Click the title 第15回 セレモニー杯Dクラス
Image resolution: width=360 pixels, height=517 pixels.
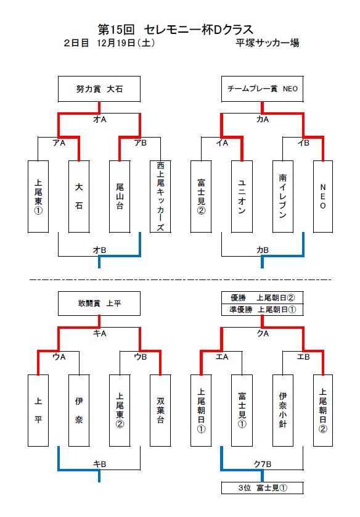click(176, 29)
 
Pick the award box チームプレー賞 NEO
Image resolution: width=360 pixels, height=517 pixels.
click(263, 89)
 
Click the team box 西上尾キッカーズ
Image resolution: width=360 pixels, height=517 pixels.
click(160, 196)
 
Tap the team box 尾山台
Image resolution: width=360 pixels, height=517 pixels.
click(119, 196)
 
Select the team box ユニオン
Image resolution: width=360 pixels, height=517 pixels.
click(242, 196)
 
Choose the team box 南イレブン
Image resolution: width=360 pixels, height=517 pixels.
click(282, 196)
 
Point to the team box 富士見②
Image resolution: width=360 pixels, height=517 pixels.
click(201, 196)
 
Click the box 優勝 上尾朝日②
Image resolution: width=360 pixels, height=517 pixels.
click(263, 297)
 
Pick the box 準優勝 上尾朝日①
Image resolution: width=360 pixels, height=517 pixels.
click(263, 310)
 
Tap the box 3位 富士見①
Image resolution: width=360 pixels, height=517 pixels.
click(263, 488)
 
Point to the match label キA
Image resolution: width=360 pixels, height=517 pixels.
click(99, 333)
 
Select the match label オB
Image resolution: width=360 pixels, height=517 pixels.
click(99, 249)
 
